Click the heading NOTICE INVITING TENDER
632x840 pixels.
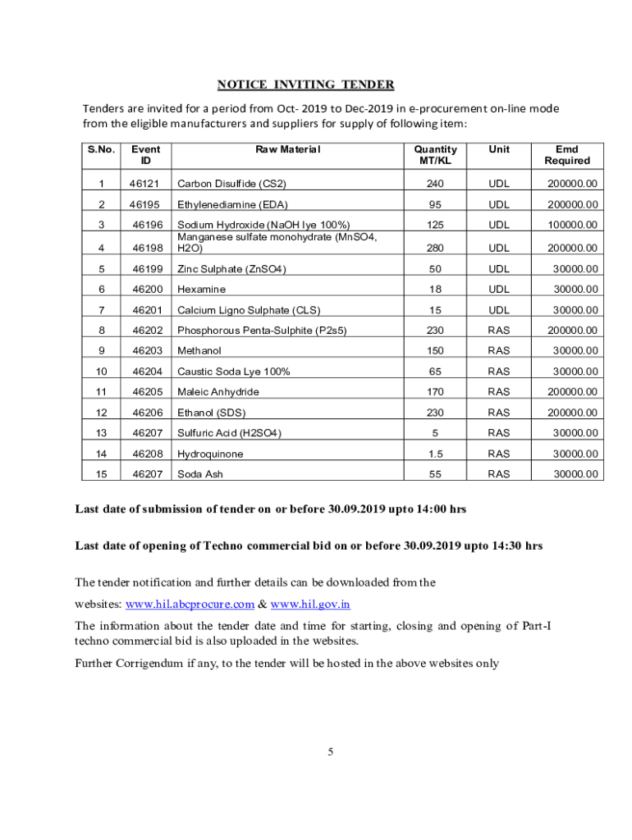(x=305, y=84)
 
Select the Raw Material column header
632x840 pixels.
(x=287, y=149)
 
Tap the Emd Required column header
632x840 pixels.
(x=566, y=154)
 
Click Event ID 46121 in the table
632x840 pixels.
(x=145, y=184)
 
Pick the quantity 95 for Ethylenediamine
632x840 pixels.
(x=435, y=204)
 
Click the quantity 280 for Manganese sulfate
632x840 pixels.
(x=435, y=248)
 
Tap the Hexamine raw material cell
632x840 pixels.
(x=201, y=290)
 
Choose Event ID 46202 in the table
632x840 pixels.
(x=145, y=331)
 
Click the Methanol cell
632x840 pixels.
(x=199, y=351)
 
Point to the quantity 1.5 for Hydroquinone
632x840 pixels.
(x=435, y=454)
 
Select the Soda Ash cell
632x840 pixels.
(x=200, y=474)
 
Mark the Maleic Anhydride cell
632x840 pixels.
(x=218, y=392)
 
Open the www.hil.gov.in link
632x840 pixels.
(x=310, y=605)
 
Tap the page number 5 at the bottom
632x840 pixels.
(x=329, y=751)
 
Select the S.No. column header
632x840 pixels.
(x=101, y=149)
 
